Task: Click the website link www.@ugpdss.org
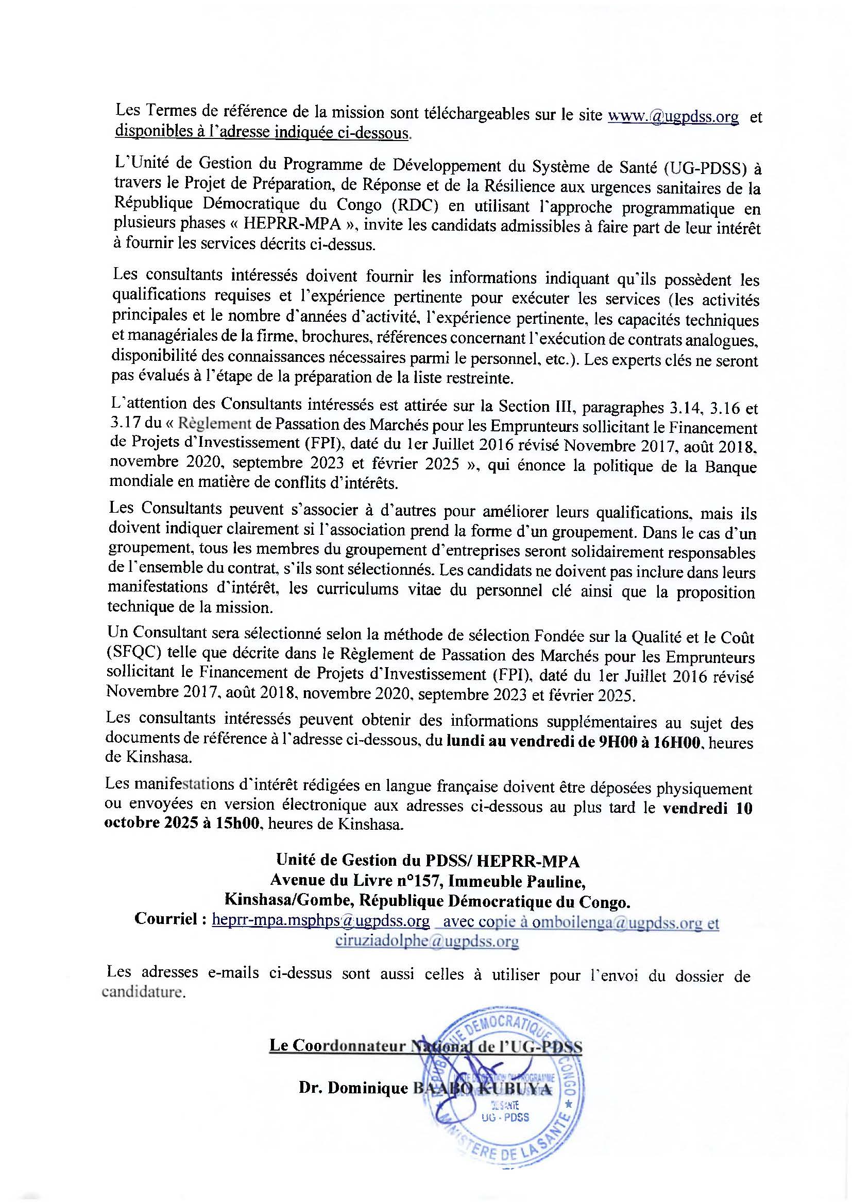tap(673, 116)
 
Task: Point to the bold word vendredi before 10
tap(695, 808)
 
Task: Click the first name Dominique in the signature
tap(367, 1089)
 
